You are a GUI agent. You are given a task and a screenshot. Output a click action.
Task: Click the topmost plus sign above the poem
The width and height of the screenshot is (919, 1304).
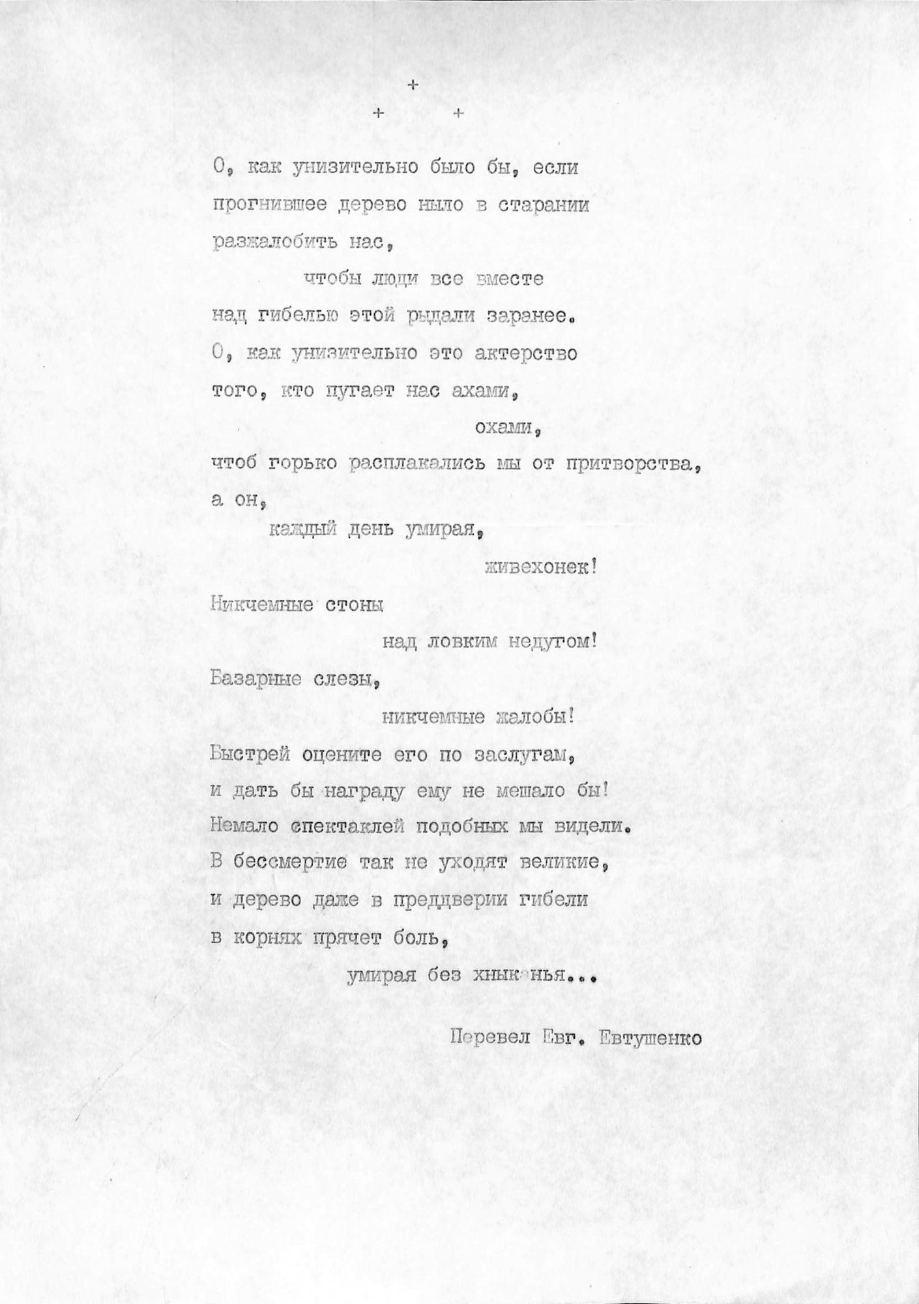pyautogui.click(x=412, y=85)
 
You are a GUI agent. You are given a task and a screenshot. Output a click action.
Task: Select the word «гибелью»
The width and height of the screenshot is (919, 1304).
pyautogui.click(x=297, y=317)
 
